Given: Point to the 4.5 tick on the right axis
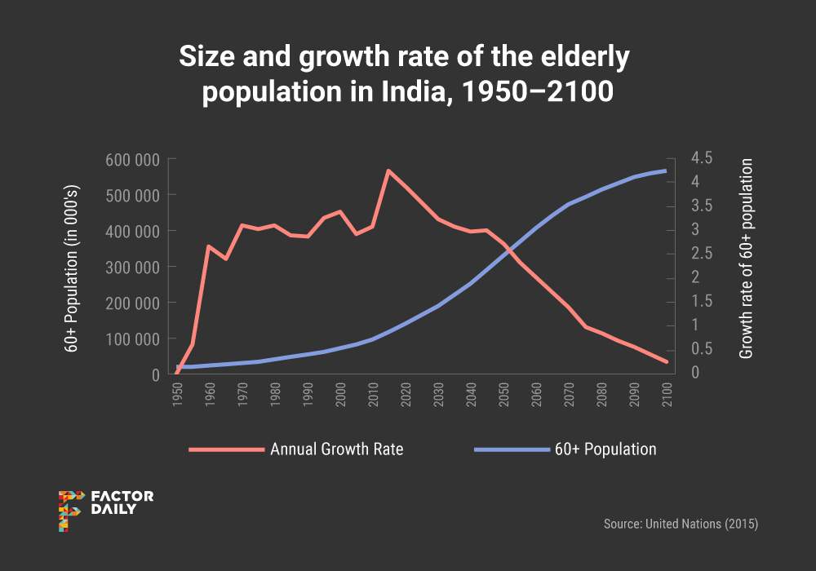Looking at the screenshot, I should coord(701,157).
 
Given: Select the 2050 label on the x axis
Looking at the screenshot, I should coord(504,395).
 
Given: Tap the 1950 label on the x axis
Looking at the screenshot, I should coord(178,395).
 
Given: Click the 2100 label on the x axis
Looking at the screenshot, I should coord(667,395).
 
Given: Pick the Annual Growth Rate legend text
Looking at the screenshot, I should coord(337,449).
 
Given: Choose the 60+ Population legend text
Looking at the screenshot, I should coord(605,449).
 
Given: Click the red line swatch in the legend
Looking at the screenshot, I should coord(226,449).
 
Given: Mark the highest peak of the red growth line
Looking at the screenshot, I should coord(388,170).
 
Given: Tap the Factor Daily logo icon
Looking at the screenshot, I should coord(71,511).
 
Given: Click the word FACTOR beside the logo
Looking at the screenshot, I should coord(122,496).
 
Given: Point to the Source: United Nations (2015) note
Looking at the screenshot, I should coord(681,524).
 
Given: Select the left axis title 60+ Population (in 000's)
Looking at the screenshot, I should coord(72,267).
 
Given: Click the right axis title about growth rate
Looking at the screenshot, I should coord(746,259).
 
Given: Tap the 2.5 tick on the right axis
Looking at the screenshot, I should coord(701,253).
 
